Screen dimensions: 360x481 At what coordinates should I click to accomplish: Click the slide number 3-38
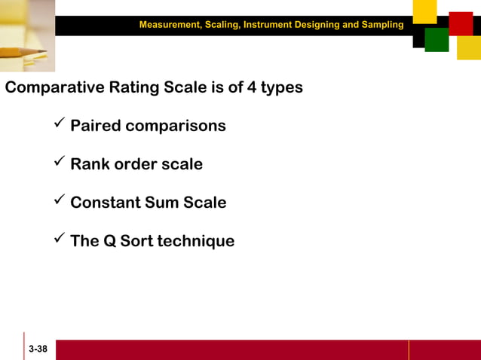[38, 350]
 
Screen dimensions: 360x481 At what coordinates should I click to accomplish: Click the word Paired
[96, 126]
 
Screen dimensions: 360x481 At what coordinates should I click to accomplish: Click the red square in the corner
[460, 23]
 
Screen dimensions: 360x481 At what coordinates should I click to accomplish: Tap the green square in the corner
[437, 40]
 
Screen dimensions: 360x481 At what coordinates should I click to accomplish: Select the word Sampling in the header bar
[384, 25]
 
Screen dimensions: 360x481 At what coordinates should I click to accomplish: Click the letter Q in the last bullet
[107, 241]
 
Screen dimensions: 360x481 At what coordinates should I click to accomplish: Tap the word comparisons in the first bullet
[176, 126]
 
